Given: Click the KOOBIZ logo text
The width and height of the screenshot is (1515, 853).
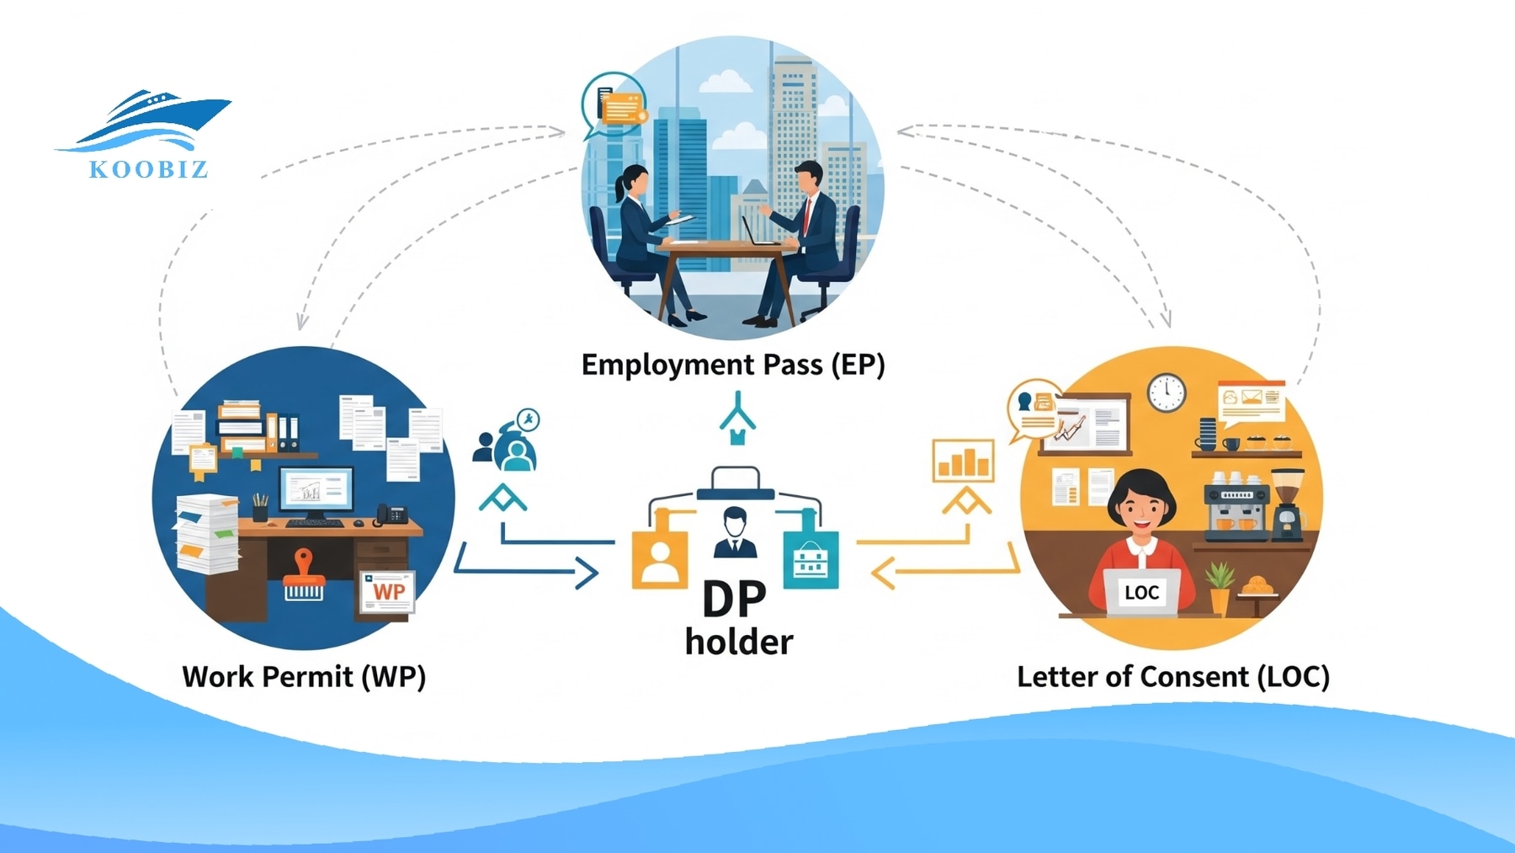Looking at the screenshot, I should coord(148,169).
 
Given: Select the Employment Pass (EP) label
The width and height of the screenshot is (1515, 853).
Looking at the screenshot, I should coord(733,365).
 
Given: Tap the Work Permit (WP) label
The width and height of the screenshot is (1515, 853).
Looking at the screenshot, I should coord(304,676).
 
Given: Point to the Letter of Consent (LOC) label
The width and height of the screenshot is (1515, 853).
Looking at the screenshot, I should coord(1172,676).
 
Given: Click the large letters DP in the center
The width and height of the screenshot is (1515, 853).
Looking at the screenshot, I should coord(734,599).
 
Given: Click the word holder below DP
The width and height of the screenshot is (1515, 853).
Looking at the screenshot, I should coord(739,642).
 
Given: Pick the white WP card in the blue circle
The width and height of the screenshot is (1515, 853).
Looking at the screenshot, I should coord(387,593).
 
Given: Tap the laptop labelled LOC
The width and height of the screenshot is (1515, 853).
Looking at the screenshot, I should coord(1142,593).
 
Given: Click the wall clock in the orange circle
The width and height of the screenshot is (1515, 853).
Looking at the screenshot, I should coord(1167,392).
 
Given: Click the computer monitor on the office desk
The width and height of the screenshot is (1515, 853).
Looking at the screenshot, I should coord(316,492).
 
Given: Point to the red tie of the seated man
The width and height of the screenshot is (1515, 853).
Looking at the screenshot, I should coord(807,216).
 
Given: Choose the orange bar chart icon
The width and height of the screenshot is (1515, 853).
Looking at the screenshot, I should coord(963,461).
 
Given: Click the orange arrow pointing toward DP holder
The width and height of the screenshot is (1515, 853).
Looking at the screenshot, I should coord(943,573).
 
